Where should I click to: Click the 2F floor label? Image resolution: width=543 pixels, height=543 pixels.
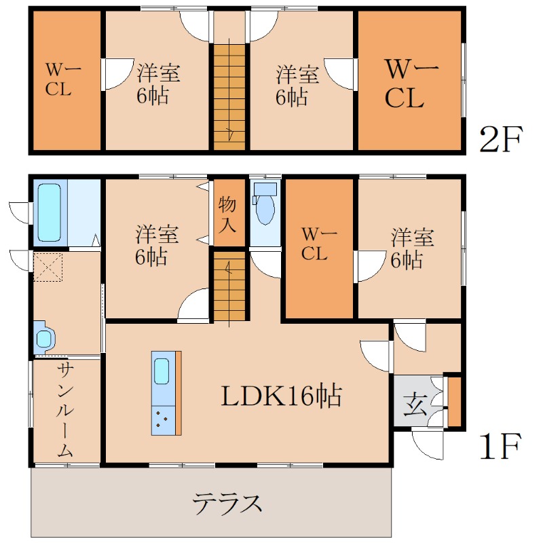point(500,139)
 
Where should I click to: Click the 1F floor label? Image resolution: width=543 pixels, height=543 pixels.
point(500,447)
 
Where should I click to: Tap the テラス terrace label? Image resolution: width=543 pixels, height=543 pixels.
point(227,504)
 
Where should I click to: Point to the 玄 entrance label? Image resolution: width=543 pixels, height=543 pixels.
point(415,404)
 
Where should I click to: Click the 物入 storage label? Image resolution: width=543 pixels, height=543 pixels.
point(227,214)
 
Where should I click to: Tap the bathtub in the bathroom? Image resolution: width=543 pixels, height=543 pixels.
point(50,212)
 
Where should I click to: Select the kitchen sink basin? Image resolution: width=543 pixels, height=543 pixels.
point(162,371)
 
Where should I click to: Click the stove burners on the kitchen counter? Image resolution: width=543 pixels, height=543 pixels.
point(162,420)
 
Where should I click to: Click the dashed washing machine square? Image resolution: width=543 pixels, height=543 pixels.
point(48,267)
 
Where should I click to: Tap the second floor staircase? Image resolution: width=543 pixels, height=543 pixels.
point(229,94)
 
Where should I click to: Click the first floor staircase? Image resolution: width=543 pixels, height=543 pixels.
point(229,286)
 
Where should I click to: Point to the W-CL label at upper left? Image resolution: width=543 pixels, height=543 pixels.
point(62,79)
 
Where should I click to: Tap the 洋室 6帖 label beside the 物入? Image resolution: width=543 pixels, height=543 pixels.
point(157,245)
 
